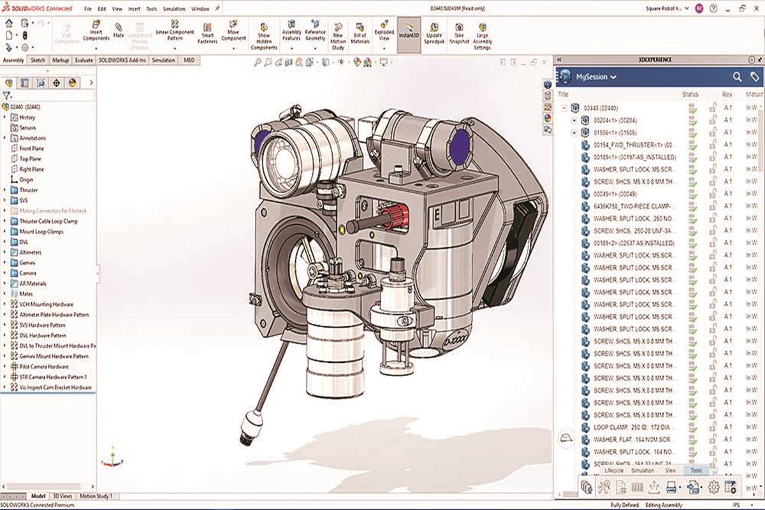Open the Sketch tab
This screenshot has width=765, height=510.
[x=38, y=60]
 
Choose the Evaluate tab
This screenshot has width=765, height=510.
[x=84, y=60]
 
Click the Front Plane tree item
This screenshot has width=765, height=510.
[x=31, y=149]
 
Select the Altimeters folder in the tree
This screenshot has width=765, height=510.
[x=32, y=252]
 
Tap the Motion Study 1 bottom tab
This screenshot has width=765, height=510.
[x=96, y=496]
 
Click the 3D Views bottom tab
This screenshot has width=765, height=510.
[x=62, y=496]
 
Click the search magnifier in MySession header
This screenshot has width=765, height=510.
[x=737, y=76]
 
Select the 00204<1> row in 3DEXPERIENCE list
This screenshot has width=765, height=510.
[x=615, y=120]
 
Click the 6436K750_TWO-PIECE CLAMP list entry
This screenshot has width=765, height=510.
[x=634, y=206]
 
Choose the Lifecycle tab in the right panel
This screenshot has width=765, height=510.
[x=613, y=470]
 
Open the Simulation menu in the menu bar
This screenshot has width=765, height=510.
[x=174, y=10]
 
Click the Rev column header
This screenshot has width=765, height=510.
[x=727, y=94]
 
